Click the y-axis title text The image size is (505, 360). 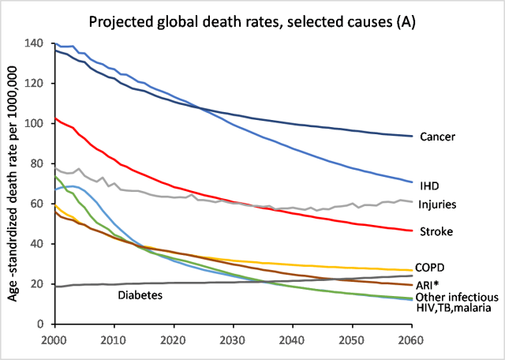coord(13,183)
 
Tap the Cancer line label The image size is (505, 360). coord(438,137)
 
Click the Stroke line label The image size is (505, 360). coord(436,231)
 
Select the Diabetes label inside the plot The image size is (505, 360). coord(140,296)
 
